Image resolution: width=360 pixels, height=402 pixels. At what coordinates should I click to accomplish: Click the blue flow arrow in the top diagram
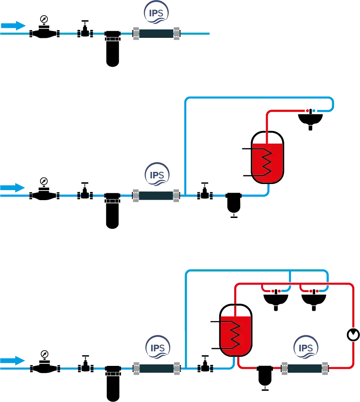(13, 26)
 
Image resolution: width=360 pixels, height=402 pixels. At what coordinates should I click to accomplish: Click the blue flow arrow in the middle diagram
(13, 188)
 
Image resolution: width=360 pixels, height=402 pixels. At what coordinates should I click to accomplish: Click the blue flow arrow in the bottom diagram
(13, 361)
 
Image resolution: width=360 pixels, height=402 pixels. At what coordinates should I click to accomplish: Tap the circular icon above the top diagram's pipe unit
(157, 13)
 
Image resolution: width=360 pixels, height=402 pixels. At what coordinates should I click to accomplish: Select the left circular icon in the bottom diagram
(157, 347)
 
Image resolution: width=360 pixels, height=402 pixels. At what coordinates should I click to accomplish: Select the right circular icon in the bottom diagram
(306, 347)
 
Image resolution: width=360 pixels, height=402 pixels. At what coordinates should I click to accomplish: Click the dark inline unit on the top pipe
(156, 33)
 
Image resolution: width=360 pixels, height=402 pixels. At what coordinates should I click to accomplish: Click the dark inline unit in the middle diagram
(156, 196)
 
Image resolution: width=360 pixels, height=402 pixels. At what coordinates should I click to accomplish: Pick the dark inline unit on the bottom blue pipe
(156, 369)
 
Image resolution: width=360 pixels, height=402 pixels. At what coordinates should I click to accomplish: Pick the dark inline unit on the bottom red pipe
(305, 369)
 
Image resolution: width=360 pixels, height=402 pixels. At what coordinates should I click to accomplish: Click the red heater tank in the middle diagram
(268, 163)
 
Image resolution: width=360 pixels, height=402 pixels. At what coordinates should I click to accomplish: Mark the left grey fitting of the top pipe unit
(136, 33)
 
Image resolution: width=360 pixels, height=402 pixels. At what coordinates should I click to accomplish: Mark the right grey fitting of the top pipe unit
(177, 33)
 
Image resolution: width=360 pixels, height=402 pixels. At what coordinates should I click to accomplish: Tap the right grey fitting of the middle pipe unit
(176, 196)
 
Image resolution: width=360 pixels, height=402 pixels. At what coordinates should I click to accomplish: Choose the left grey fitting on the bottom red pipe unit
(284, 369)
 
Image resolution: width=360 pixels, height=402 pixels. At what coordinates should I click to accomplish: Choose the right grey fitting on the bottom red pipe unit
(325, 369)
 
